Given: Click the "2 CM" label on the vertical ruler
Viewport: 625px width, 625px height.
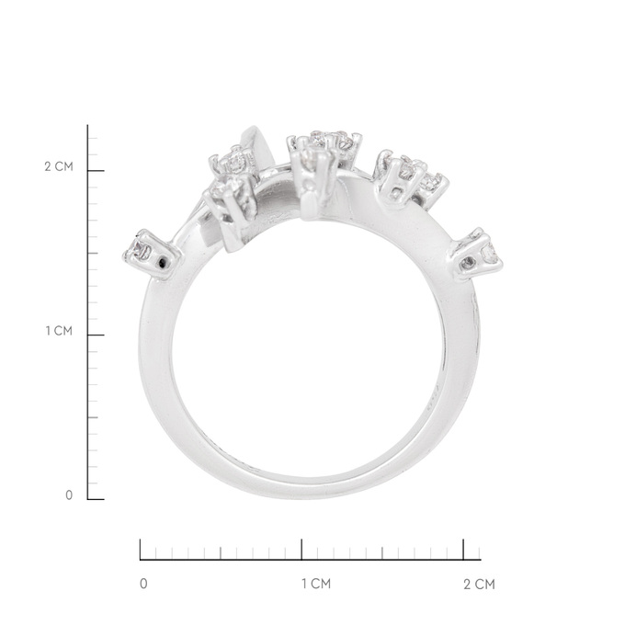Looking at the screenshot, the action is click(x=59, y=166).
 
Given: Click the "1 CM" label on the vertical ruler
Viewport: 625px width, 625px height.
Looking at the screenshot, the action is click(x=59, y=331).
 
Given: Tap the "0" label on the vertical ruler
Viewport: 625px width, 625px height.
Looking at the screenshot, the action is click(x=69, y=495).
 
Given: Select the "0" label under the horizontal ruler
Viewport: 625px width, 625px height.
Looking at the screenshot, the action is click(x=143, y=584).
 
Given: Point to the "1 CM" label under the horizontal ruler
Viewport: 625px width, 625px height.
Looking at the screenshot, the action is click(x=316, y=584).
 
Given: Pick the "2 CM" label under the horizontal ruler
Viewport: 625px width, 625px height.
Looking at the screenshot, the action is click(x=479, y=585).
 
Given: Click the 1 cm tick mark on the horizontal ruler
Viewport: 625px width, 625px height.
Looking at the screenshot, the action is click(x=301, y=550).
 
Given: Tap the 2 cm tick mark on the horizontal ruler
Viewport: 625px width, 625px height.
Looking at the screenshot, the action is click(x=463, y=550).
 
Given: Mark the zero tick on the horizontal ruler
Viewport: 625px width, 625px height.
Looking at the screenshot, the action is click(x=141, y=550).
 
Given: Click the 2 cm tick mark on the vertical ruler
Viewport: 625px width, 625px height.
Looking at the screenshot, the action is click(x=96, y=171).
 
